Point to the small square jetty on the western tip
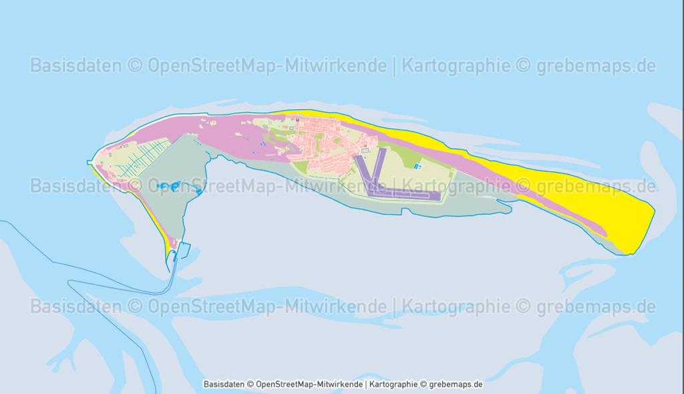(x=90, y=162)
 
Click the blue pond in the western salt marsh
(x=175, y=187)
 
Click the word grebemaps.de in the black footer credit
(x=456, y=385)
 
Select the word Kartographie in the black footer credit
(x=393, y=385)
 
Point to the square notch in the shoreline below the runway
(x=405, y=212)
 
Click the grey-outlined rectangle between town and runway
(x=365, y=151)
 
